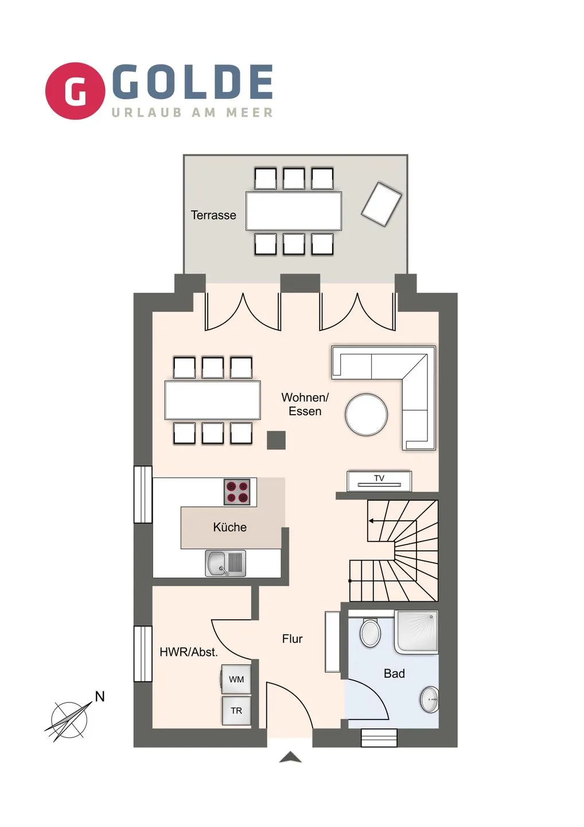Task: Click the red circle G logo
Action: pos(75,91)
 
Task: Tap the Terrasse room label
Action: pos(213,215)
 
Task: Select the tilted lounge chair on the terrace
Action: pos(381,204)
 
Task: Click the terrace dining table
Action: pos(294,211)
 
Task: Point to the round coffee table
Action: pos(367,414)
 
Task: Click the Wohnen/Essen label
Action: pos(305,404)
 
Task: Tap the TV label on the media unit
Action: pos(379,478)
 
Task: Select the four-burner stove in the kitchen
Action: pos(237,492)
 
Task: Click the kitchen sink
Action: pos(225,563)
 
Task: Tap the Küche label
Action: pos(229,527)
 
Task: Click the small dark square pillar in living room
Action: pos(276,440)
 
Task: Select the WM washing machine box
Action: pos(236,679)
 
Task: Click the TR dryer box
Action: pos(236,711)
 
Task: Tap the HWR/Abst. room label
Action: pos(189,652)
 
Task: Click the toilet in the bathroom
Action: pos(371,633)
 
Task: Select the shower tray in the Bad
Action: pos(416,632)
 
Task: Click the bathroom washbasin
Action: pos(429,700)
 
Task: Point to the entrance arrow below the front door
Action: pos(290,758)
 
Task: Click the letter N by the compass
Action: pos(100,697)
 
